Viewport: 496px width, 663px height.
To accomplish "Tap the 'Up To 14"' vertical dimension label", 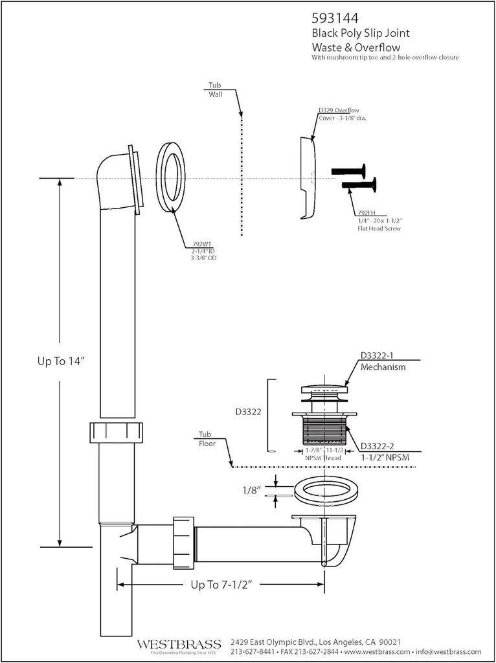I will [61, 362].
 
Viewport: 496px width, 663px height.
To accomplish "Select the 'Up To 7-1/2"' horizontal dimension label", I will [221, 585].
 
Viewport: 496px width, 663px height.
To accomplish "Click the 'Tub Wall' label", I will [215, 90].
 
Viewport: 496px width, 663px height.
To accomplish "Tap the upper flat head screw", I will [348, 172].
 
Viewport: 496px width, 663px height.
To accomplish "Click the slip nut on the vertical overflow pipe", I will [117, 432].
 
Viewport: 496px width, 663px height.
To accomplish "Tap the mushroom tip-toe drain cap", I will [324, 390].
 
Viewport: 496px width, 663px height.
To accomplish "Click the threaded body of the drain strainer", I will [324, 430].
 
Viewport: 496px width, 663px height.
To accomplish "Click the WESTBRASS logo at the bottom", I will [178, 644].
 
